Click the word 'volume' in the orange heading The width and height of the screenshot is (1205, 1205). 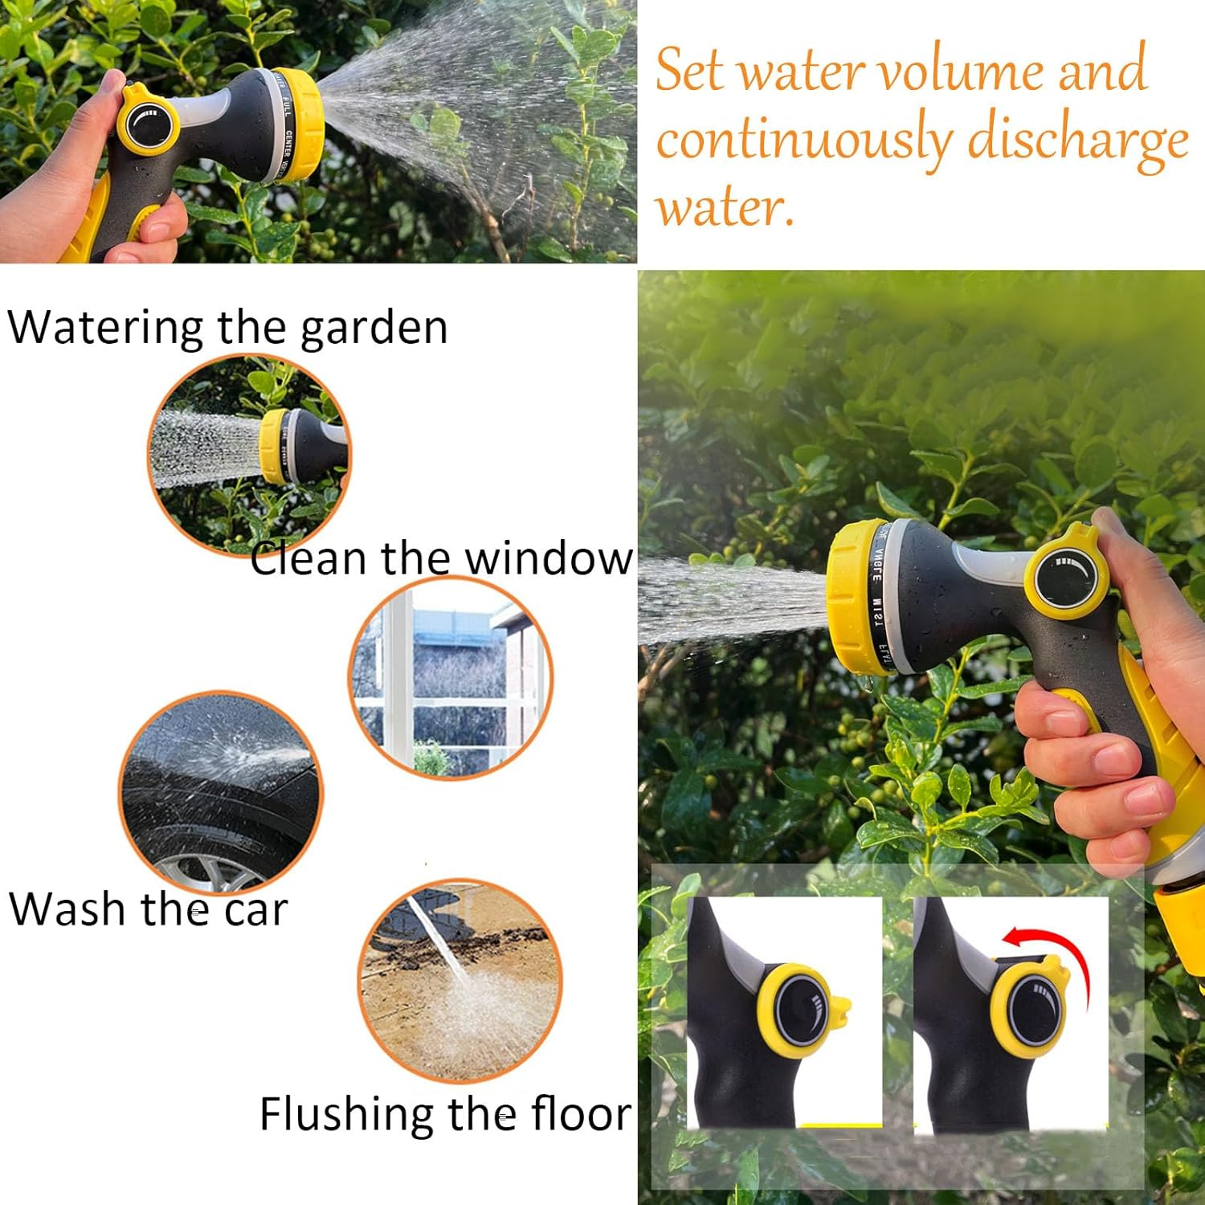pyautogui.click(x=962, y=71)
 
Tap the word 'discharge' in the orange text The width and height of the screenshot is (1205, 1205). pyautogui.click(x=1077, y=140)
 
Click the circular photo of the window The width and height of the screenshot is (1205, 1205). pyautogui.click(x=451, y=676)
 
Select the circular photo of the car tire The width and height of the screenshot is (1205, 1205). pyautogui.click(x=221, y=791)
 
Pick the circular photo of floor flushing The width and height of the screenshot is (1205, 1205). pyautogui.click(x=460, y=980)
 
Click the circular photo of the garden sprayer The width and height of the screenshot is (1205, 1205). pyautogui.click(x=249, y=454)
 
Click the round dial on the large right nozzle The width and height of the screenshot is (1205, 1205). pyautogui.click(x=1064, y=577)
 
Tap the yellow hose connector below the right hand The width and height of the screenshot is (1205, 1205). pyautogui.click(x=1179, y=916)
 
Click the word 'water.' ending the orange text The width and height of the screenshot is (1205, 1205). pyautogui.click(x=725, y=207)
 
